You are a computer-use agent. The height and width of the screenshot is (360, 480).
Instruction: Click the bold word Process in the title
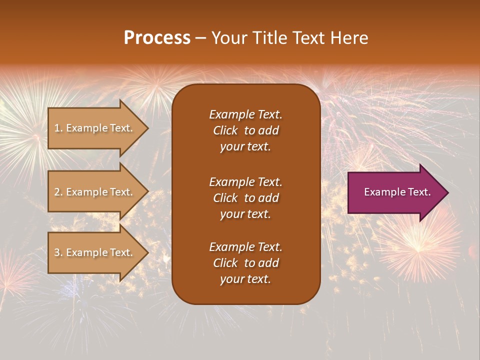click(x=157, y=38)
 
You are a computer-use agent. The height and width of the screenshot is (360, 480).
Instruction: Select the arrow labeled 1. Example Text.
click(x=95, y=128)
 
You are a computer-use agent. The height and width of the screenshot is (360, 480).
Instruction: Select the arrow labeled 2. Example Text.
click(x=95, y=192)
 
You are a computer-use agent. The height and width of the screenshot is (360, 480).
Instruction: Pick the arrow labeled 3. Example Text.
click(x=95, y=252)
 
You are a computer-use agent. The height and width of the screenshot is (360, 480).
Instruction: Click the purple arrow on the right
click(x=395, y=192)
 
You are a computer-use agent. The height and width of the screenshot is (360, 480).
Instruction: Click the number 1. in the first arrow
click(x=58, y=128)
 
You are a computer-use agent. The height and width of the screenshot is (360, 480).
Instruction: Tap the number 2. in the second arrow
click(x=58, y=192)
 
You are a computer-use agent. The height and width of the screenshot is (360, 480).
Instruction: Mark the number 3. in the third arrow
click(x=58, y=252)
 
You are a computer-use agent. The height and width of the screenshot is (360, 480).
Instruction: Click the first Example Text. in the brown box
click(x=245, y=114)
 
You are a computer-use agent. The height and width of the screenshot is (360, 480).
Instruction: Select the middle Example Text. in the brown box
click(x=245, y=181)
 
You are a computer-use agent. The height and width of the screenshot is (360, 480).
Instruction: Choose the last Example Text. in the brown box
click(x=245, y=247)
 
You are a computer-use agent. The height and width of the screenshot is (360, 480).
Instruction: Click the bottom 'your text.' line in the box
click(x=245, y=279)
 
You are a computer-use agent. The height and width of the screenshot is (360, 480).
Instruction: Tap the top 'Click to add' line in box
click(x=245, y=130)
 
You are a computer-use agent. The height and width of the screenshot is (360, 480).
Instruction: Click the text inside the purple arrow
click(x=397, y=192)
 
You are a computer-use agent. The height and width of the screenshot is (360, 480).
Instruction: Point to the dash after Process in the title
click(x=200, y=38)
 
